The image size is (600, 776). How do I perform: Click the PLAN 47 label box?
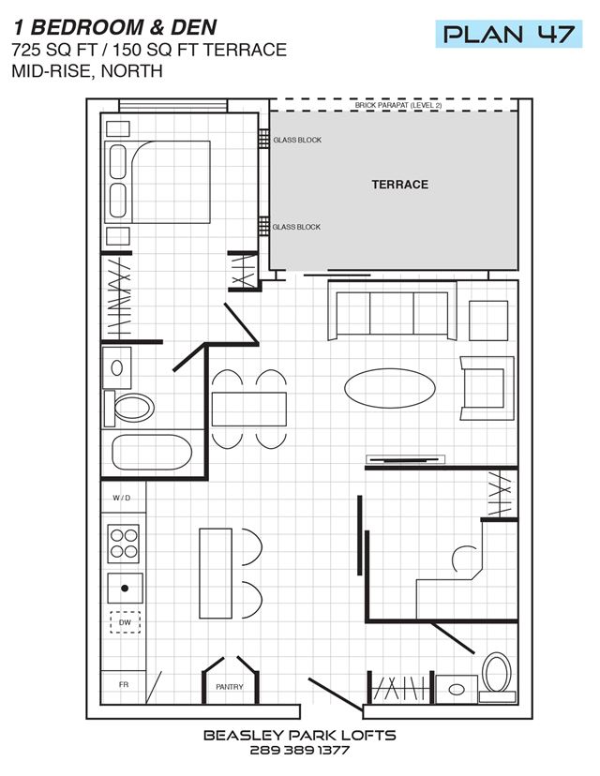pos(508,34)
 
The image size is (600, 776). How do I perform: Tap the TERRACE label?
pos(400,185)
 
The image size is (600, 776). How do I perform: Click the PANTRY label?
pos(229,687)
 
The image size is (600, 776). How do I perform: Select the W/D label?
pos(122,498)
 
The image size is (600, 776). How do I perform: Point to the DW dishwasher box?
pos(125,622)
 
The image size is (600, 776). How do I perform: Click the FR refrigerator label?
pos(124,684)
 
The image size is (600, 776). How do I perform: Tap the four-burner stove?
pos(123,544)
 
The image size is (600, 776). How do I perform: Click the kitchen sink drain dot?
pos(125,588)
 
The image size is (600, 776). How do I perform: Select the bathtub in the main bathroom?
pos(152,453)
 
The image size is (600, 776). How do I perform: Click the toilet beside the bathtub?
pos(128,409)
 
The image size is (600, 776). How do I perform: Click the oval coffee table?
pos(390,388)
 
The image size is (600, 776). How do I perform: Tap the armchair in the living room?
pos(487,388)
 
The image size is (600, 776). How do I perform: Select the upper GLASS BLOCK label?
pos(297,140)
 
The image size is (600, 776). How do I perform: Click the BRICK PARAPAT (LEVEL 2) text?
pos(398,105)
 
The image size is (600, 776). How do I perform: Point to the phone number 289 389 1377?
pos(299,751)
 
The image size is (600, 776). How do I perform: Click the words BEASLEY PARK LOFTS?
pos(299,736)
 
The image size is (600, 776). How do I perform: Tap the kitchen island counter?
pos(216,574)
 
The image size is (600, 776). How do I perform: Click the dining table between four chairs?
pos(249,410)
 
